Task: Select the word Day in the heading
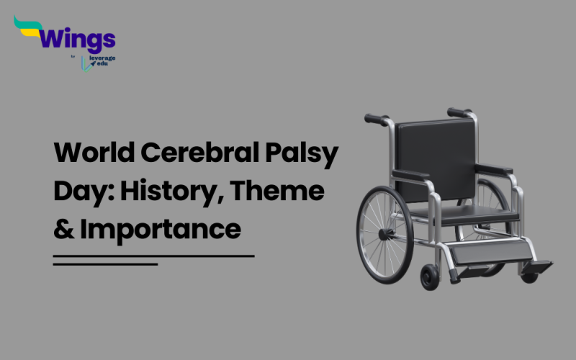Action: [75, 192]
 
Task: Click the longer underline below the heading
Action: [154, 255]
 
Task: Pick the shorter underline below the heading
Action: [105, 264]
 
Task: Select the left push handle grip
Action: [374, 119]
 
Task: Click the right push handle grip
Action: [458, 112]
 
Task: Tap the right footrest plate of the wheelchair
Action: [536, 266]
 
